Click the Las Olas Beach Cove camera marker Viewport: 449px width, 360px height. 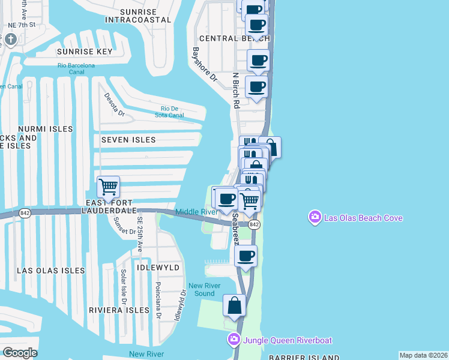314,217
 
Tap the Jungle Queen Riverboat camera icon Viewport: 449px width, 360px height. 234,340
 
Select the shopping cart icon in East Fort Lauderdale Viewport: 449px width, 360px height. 108,187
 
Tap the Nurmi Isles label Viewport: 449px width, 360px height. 45,129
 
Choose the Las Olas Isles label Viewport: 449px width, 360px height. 51,271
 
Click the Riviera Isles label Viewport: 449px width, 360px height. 119,310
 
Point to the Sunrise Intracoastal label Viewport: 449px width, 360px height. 137,16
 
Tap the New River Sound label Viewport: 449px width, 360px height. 201,289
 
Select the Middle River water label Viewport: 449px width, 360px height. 196,212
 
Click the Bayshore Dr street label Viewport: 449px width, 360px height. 204,64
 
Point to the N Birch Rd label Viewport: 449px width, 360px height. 236,91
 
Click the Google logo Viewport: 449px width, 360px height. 20,352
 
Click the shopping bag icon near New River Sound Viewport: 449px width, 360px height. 234,305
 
